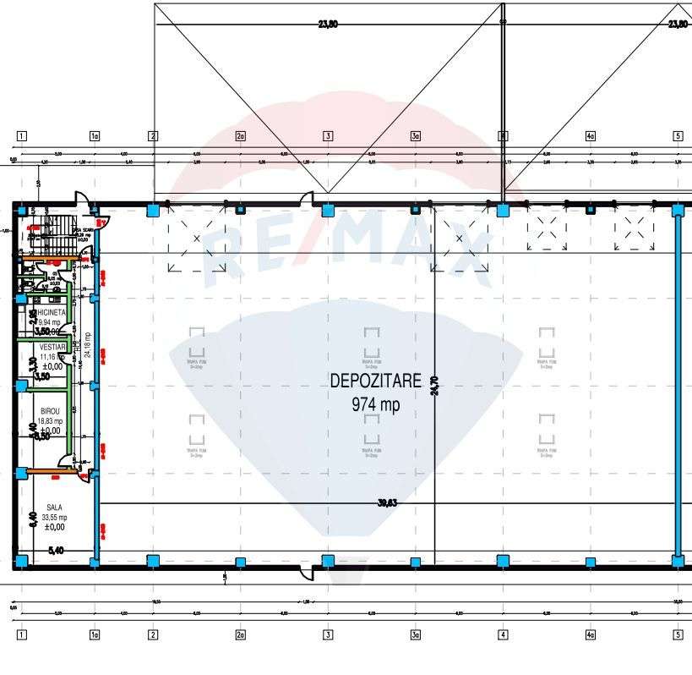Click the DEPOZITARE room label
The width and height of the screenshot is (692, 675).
pos(375,381)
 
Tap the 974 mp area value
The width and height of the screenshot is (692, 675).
pos(375,405)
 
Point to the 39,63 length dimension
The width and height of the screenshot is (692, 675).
pos(387,503)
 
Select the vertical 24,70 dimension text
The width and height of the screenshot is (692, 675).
pos(435,386)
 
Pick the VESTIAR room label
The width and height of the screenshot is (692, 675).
pos(52,347)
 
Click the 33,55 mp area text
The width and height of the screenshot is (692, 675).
pos(55,517)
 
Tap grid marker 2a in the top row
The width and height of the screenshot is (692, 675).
pos(240,135)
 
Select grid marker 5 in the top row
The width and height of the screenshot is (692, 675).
pos(677,135)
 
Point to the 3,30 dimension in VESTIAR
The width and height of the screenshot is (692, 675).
pos(32,365)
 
